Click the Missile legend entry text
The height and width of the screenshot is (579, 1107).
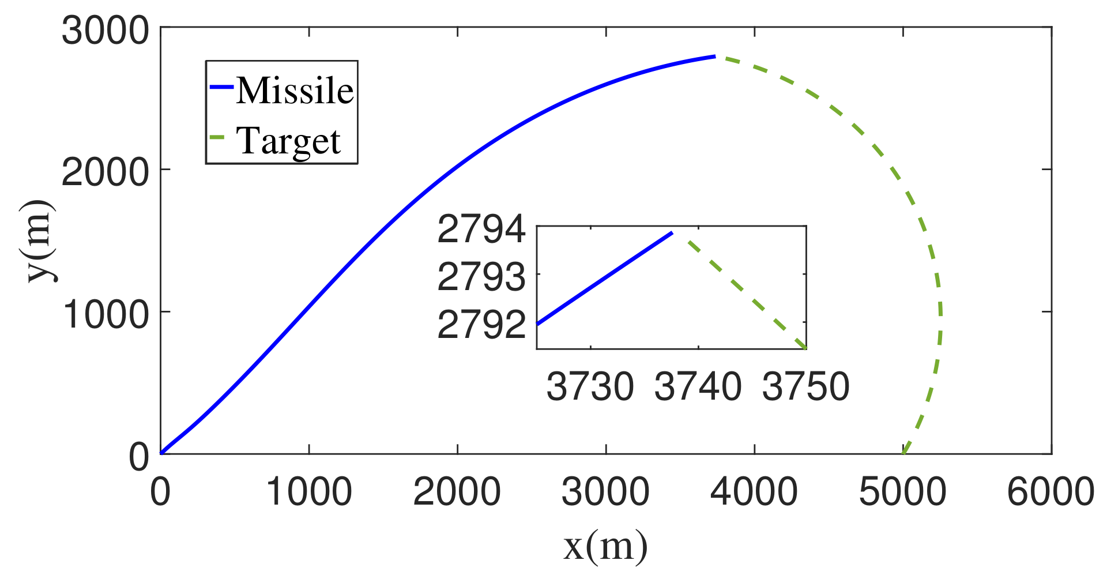[x=295, y=91]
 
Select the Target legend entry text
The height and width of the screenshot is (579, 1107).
[x=288, y=141]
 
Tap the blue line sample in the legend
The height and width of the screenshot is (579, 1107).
[x=221, y=87]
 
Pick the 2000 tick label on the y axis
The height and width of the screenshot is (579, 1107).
[x=105, y=171]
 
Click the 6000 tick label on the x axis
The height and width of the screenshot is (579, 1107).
[x=1050, y=492]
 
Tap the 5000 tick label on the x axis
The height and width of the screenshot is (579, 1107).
[x=902, y=492]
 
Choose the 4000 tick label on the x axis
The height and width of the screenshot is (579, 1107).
[x=754, y=492]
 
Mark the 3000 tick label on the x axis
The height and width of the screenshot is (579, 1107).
[x=605, y=492]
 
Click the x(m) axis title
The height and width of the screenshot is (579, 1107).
[x=605, y=546]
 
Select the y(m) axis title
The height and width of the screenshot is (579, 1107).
[x=41, y=241]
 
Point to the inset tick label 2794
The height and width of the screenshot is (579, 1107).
[x=481, y=229]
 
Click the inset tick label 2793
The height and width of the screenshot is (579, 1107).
[x=481, y=277]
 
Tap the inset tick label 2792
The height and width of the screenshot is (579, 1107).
[x=481, y=325]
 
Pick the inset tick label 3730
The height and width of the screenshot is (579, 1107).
[x=590, y=386]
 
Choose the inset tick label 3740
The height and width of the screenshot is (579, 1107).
[x=698, y=386]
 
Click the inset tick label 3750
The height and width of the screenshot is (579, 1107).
[x=805, y=386]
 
